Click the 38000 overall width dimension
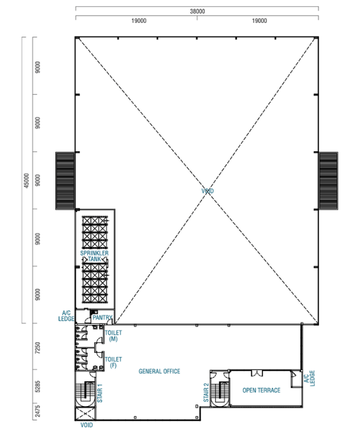coord(197,11)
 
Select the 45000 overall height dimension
coord(26,181)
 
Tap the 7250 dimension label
coord(38,348)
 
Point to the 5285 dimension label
coord(38,387)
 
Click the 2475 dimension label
coord(38,411)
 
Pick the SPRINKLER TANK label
coord(94,256)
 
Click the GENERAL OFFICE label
coord(160,371)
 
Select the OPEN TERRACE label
coord(261,390)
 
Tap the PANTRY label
coord(102,317)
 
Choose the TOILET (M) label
coord(114,336)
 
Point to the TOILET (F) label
coord(114,362)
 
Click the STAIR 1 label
coord(100,393)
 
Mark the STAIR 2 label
coord(206,392)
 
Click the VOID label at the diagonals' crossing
coord(207,191)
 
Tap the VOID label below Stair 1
coord(87,425)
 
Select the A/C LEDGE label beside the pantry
coord(66,316)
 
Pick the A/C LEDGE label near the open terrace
coord(310,378)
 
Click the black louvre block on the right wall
coord(328,181)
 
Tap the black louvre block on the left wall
coord(65,181)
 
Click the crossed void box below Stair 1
coord(85,414)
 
